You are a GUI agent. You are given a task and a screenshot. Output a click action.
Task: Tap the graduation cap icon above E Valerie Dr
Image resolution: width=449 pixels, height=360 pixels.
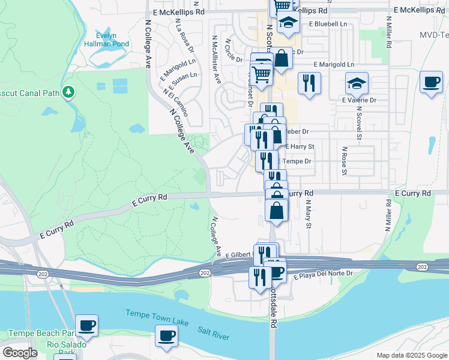(357, 83)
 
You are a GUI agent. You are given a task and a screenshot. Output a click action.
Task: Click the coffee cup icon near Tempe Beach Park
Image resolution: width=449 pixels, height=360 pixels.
(87, 325)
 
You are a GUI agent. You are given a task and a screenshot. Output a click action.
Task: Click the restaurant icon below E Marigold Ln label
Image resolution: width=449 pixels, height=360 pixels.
(309, 83)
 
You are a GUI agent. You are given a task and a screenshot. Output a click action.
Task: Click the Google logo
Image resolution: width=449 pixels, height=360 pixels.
(20, 352)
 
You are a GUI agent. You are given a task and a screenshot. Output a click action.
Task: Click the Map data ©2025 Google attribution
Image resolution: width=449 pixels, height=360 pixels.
(411, 355)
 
